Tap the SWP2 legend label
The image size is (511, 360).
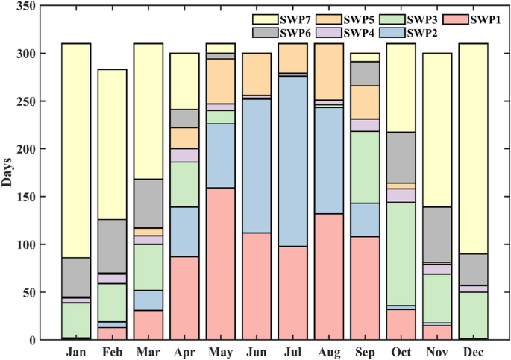point(420,32)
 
